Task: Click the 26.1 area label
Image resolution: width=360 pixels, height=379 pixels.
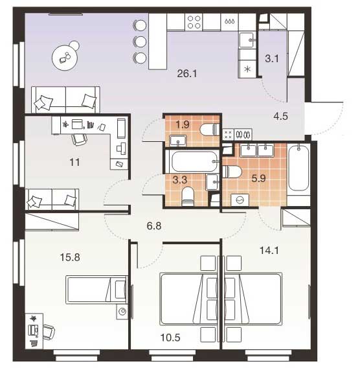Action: click(187, 73)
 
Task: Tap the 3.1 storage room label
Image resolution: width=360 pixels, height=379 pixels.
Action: click(272, 58)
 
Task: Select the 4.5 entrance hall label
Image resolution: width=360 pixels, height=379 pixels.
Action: click(280, 116)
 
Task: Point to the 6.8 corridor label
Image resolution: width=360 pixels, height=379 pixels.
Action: click(154, 225)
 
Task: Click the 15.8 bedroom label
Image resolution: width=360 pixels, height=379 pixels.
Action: click(70, 257)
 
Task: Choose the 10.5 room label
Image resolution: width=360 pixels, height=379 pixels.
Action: click(170, 338)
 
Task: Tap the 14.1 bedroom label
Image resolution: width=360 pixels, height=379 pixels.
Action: click(269, 251)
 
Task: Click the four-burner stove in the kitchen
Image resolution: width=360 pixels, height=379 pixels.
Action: click(194, 22)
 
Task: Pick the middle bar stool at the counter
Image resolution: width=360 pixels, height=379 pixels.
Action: click(140, 41)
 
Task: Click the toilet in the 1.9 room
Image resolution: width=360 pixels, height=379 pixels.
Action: click(210, 130)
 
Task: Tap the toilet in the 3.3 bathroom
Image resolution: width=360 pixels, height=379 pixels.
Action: click(188, 196)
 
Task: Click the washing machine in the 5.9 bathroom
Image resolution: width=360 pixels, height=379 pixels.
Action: click(240, 200)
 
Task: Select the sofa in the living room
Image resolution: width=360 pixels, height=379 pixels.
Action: click(65, 100)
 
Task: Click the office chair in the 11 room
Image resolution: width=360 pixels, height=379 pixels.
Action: click(79, 139)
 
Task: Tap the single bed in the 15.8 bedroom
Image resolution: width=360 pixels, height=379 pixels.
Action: click(96, 290)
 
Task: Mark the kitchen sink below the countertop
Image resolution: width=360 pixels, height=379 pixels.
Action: click(247, 40)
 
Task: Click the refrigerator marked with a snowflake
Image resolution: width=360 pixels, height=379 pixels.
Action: click(247, 69)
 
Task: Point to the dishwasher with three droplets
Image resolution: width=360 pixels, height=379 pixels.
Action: click(229, 22)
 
